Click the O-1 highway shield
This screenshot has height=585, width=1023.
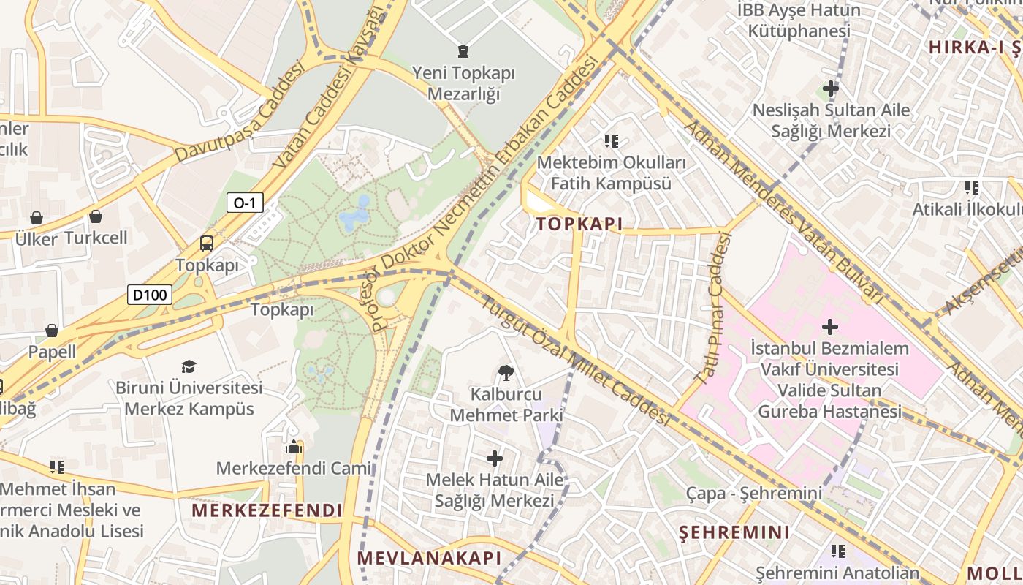[245, 203]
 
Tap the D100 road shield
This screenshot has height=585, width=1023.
[150, 295]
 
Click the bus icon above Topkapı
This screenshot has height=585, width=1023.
[207, 244]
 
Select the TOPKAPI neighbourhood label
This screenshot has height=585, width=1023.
[579, 224]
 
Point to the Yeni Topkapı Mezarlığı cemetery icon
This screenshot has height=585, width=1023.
[463, 51]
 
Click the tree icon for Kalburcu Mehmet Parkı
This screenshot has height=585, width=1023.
[505, 373]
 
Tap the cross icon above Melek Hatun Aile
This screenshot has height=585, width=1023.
[495, 458]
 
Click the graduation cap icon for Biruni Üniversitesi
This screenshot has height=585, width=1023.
[189, 366]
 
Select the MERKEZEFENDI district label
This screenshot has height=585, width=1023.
[267, 510]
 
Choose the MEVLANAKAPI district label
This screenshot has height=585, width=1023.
[430, 558]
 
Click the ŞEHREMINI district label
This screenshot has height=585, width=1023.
[734, 532]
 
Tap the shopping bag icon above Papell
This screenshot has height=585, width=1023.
[52, 331]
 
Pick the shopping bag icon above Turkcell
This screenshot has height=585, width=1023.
[96, 216]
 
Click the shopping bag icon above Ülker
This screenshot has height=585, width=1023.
[37, 218]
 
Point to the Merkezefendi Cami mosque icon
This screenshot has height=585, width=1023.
[294, 447]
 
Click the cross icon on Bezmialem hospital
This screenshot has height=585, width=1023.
[830, 326]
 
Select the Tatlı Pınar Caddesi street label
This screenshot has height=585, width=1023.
[712, 308]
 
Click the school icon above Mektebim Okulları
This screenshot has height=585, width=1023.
[612, 140]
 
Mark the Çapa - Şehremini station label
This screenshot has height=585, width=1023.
[753, 494]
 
